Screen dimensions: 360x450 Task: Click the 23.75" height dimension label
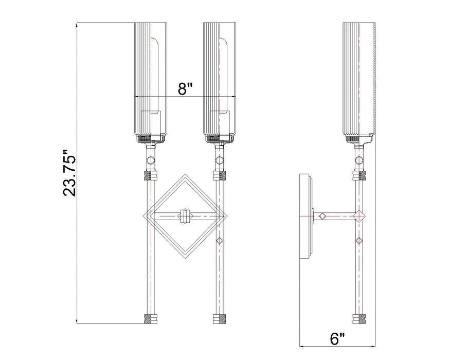69,173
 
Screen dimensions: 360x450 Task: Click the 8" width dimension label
185,88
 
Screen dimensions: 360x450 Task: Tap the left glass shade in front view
150,77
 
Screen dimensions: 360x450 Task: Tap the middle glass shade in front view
220,77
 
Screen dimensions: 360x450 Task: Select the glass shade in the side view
359,77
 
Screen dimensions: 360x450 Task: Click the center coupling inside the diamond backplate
185,217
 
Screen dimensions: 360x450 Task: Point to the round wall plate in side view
304,217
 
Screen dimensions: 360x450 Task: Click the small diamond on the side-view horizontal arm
323,217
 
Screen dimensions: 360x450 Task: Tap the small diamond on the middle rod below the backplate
220,241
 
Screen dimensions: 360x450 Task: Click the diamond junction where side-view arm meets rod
358,217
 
